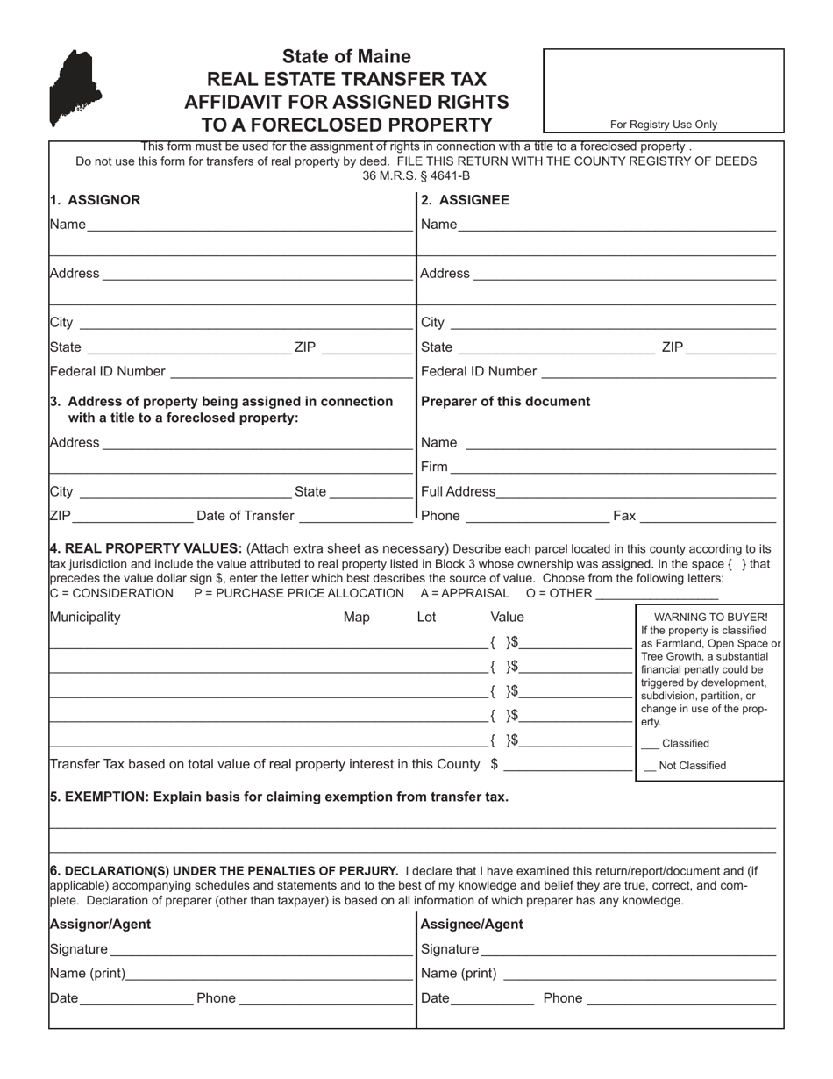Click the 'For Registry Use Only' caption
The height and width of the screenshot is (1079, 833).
click(663, 125)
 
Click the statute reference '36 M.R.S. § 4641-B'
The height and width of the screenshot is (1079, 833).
click(416, 175)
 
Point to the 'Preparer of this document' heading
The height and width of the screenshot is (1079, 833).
click(506, 402)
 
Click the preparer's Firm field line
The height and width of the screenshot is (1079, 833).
click(613, 468)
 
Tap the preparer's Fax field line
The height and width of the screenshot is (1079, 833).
click(708, 517)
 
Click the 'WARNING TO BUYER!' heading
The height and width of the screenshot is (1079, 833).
click(710, 617)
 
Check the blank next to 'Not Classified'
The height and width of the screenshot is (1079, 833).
click(650, 766)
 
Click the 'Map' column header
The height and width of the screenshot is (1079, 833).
click(356, 618)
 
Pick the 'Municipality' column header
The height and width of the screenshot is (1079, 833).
click(85, 618)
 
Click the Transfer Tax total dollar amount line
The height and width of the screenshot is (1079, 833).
click(567, 765)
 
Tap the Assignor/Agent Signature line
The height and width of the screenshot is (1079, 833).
click(260, 949)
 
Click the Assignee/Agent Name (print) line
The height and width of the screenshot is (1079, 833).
click(639, 974)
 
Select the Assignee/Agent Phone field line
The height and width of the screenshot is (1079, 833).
click(681, 998)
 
